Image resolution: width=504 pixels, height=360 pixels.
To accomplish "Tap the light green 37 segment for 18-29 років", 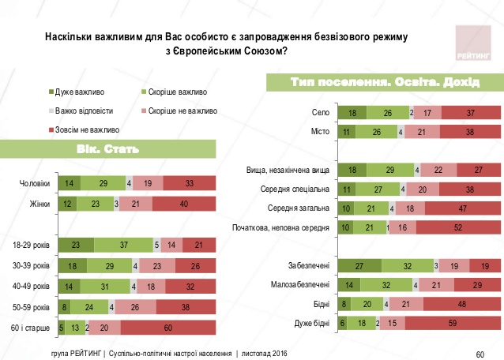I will tap(122, 245).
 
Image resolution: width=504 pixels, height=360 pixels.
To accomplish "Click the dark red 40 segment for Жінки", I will tap(183, 204).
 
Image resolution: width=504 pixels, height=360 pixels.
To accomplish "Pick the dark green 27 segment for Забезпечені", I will tap(359, 266).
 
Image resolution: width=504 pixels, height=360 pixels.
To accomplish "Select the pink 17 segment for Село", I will tap(427, 113).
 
